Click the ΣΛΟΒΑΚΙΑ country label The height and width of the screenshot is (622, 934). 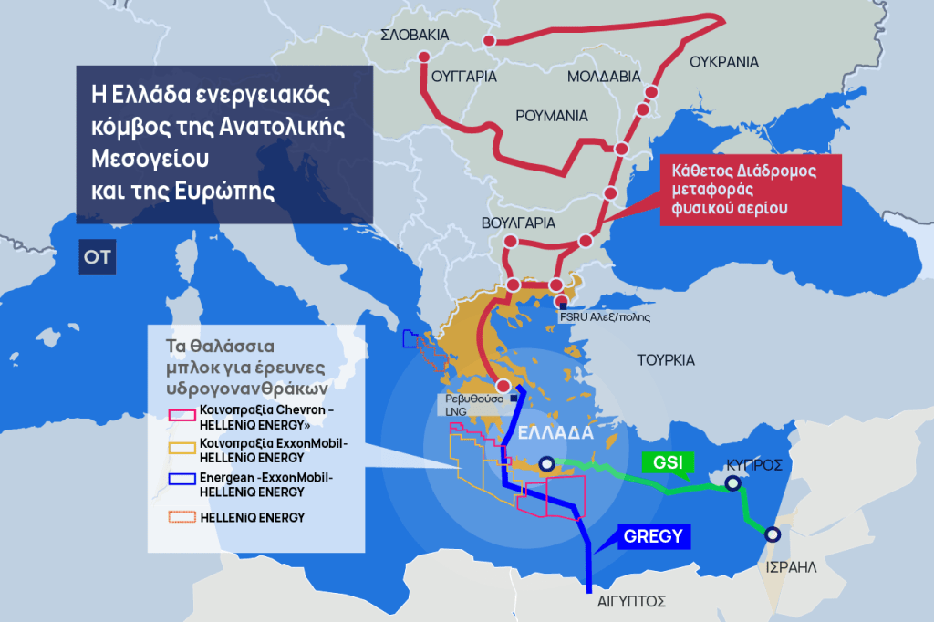[x=415, y=35]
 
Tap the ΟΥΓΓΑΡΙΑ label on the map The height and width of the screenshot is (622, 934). [x=463, y=76]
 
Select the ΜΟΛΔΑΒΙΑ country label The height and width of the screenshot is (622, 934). [x=604, y=77]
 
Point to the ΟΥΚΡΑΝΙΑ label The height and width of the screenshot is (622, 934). [x=724, y=62]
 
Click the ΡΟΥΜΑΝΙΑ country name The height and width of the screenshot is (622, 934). [x=552, y=116]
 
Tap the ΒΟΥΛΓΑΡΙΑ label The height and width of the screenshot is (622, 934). [x=518, y=223]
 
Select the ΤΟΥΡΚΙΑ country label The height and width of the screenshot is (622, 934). [x=666, y=359]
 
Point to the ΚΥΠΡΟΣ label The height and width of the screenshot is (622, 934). [x=753, y=464]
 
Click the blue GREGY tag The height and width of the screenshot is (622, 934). [x=652, y=536]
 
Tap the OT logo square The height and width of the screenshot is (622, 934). [x=97, y=257]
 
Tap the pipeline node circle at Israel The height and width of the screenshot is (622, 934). [x=773, y=535]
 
